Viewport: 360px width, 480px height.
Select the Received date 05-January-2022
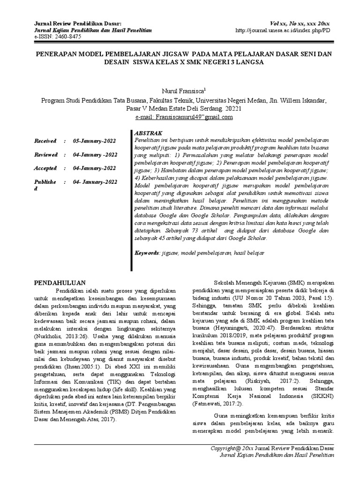(x=95, y=141)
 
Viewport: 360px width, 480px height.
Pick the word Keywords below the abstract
(x=147, y=253)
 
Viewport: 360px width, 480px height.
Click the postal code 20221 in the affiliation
(x=231, y=108)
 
